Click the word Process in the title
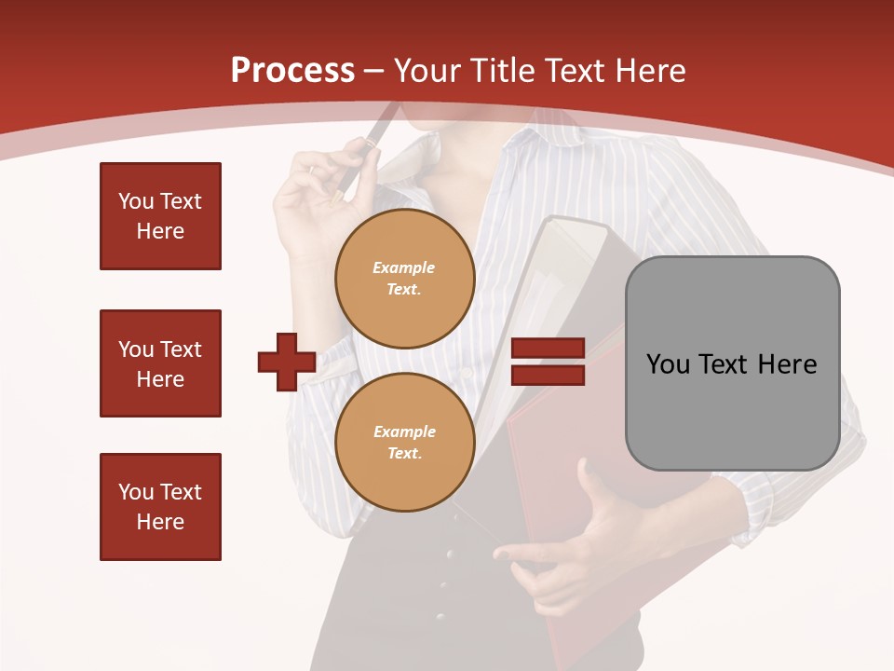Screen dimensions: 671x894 292,71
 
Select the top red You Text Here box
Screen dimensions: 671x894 160,216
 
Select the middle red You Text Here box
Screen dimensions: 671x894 160,363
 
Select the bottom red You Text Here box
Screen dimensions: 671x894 160,507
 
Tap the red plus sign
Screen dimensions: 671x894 286,362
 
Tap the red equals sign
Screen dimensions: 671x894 548,362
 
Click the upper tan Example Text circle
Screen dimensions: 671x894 404,279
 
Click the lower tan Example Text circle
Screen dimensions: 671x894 404,443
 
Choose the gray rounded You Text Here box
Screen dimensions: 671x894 732,363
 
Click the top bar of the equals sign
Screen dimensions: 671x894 548,349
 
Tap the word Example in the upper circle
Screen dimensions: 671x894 404,267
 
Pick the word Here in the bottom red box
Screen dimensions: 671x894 160,522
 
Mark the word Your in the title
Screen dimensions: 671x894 429,71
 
